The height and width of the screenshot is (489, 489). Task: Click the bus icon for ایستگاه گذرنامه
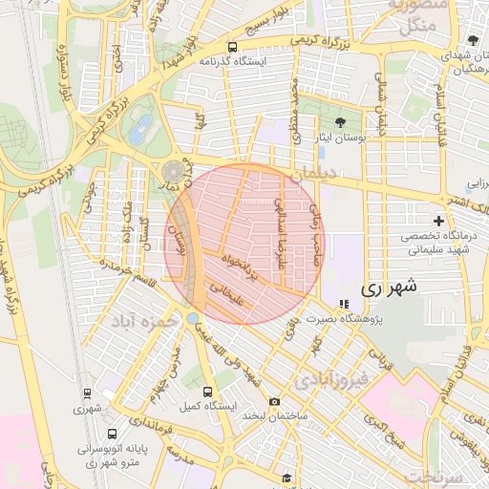(x=233, y=47)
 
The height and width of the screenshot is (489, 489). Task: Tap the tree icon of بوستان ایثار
(x=341, y=122)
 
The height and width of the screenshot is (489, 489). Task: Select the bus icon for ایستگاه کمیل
(x=208, y=392)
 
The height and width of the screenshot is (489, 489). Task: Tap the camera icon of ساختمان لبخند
(x=274, y=402)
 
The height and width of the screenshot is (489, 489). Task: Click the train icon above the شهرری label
(x=87, y=393)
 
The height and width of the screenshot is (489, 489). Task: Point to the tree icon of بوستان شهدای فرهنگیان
(x=473, y=40)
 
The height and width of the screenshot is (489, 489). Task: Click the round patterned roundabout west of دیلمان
(x=173, y=171)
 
